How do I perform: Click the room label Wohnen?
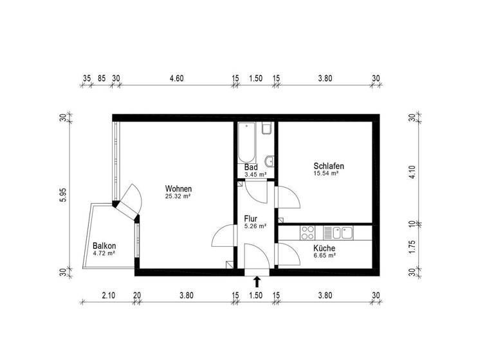(178, 189)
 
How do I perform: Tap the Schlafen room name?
(329, 166)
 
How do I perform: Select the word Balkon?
(104, 246)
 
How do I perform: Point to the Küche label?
(324, 248)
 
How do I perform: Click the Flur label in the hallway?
(251, 219)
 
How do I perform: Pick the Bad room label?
(251, 167)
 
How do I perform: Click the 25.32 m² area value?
(178, 197)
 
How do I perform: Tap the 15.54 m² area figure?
(326, 174)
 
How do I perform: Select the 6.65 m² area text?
(324, 255)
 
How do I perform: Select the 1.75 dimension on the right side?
(415, 248)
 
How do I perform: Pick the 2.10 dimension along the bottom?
(109, 296)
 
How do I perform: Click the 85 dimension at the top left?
(102, 78)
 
